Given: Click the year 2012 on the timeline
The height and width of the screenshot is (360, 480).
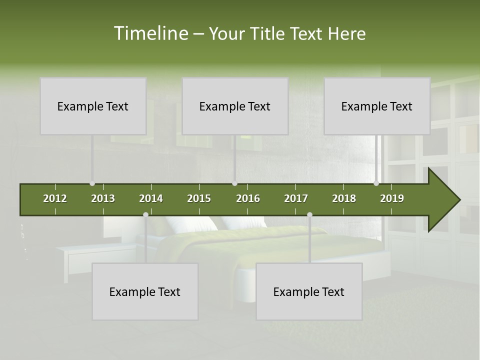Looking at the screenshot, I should (x=55, y=198).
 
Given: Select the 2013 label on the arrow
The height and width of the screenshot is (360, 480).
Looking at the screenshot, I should (x=103, y=198).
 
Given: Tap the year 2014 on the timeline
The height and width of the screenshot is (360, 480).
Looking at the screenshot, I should (x=151, y=198).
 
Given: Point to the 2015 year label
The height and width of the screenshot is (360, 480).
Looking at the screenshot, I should (x=199, y=198).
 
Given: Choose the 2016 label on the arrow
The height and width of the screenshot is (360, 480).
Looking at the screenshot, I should (x=248, y=198).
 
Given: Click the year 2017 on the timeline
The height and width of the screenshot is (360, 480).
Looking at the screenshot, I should (x=296, y=198).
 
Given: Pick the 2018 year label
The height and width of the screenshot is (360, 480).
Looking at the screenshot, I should (x=344, y=198).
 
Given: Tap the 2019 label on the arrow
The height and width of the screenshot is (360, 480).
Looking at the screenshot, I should (x=392, y=198).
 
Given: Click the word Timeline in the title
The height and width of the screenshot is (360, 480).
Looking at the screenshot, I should (x=150, y=33).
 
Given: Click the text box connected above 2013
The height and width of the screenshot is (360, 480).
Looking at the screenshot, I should (x=93, y=106).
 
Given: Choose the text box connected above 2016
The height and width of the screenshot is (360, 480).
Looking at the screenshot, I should (x=235, y=106).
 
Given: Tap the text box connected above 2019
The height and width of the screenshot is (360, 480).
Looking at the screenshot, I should (x=377, y=106).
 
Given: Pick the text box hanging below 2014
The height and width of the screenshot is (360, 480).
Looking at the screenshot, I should (x=145, y=291).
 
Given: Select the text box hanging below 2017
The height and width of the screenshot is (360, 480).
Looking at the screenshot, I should (x=309, y=291).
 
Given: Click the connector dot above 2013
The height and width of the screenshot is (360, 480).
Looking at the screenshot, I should (x=92, y=183).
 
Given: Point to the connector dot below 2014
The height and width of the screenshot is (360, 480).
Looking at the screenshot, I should (x=145, y=215).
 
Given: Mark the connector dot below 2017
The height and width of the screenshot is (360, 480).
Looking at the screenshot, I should (x=309, y=215).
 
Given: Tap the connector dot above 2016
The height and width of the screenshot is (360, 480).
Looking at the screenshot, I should (x=234, y=183).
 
